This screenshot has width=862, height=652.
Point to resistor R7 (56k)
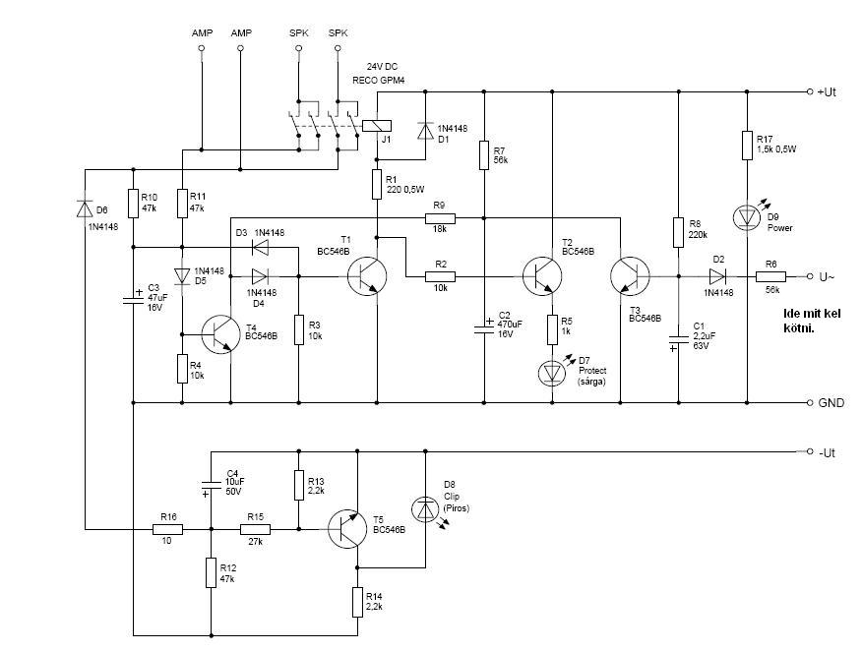[x=484, y=154]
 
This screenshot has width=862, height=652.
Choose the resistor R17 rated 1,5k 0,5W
[x=747, y=147]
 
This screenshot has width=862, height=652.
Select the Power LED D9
[x=747, y=216]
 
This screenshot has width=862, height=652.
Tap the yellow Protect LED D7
[x=552, y=371]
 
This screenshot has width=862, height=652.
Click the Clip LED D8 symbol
[x=425, y=508]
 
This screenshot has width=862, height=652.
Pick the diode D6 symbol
[x=85, y=207]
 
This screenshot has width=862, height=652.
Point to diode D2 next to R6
[x=718, y=276]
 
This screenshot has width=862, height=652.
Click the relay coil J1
[x=376, y=125]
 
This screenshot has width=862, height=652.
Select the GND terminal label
[x=831, y=403]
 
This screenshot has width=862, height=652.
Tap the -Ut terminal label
[x=828, y=452]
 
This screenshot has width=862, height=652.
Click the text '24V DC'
[x=383, y=66]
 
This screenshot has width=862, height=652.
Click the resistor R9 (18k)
[x=439, y=216]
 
